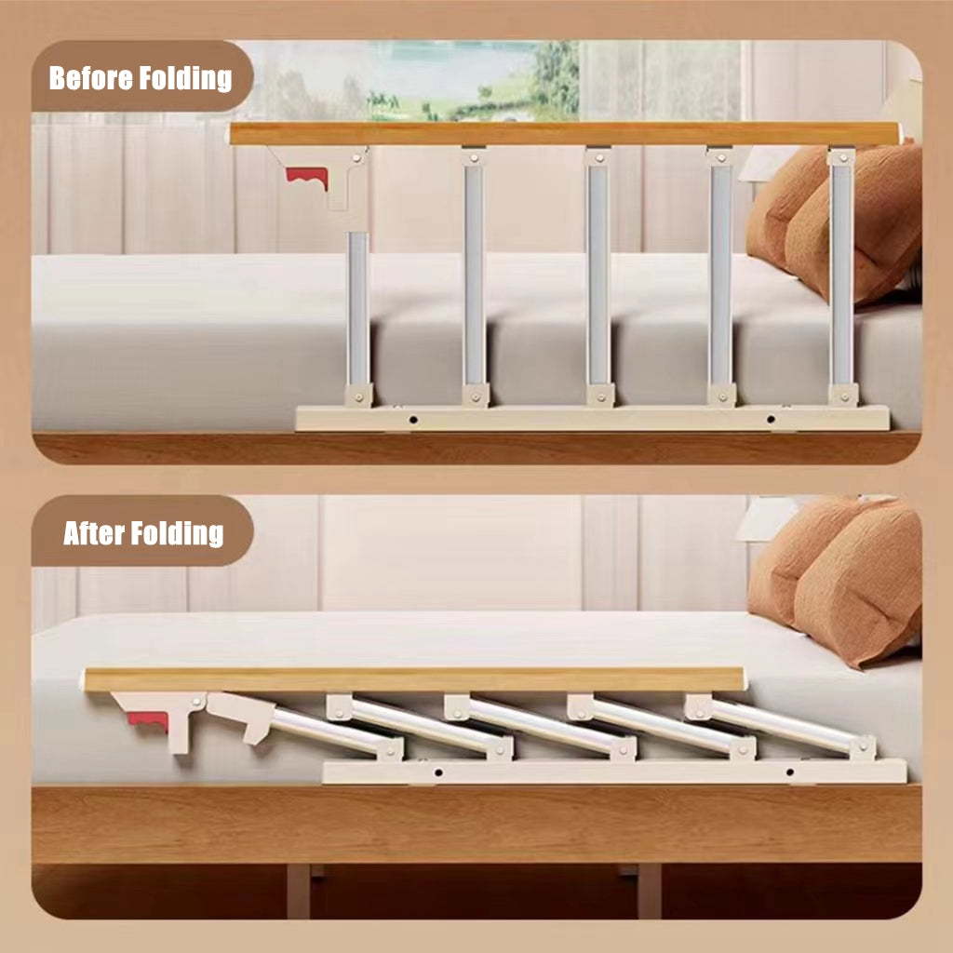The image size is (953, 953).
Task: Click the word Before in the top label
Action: pyautogui.click(x=91, y=78)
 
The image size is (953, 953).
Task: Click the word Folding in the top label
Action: pyautogui.click(x=185, y=78)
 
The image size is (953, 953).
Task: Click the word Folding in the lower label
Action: pyautogui.click(x=176, y=533)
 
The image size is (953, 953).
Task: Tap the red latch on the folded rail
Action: pyautogui.click(x=150, y=721)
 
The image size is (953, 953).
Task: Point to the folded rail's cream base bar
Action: pyautogui.click(x=614, y=772)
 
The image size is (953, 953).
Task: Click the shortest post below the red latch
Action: pyautogui.click(x=358, y=307)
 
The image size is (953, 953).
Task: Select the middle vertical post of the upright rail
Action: pyautogui.click(x=597, y=275)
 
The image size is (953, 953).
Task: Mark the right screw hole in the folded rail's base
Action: pyautogui.click(x=789, y=772)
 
